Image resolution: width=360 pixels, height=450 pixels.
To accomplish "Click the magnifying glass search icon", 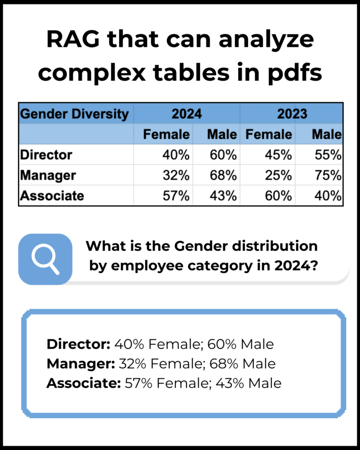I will coord(45,259).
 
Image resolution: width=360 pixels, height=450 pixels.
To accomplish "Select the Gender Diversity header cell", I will coord(75,114).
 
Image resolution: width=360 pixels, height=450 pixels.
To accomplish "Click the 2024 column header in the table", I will coord(187,114).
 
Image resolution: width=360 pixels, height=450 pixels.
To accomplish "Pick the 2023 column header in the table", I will coord(292,114).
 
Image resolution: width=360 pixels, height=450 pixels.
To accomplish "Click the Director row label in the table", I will coord(46,155).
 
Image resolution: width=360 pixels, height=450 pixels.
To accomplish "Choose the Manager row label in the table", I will coord(48,175).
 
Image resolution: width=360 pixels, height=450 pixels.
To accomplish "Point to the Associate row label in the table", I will coord(52,195).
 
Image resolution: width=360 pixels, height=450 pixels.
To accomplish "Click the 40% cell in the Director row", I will coord(174,155).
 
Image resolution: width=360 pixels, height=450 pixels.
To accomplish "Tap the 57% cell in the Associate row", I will coord(174,195).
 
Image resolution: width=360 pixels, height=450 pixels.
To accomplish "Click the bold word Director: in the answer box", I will coord(78,345).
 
